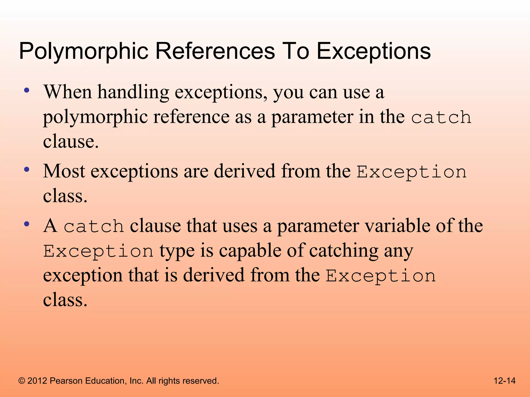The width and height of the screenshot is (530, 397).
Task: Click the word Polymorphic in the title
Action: [x=83, y=51]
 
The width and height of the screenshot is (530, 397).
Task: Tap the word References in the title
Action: [x=215, y=51]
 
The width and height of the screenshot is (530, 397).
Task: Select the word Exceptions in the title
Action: [x=373, y=51]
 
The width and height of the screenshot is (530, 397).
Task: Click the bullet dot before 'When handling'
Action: [x=26, y=90]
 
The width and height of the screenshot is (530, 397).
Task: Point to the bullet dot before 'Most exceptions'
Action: [x=26, y=170]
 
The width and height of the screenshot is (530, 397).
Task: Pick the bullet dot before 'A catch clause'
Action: [x=26, y=224]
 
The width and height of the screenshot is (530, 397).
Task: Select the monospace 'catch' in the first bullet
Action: [x=441, y=118]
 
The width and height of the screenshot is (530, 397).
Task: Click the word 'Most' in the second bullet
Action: [x=64, y=171]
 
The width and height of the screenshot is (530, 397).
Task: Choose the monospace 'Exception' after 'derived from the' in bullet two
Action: [x=411, y=172]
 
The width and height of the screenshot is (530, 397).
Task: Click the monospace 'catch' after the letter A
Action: [x=94, y=226]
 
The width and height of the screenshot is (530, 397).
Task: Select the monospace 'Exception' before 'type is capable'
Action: [x=98, y=251]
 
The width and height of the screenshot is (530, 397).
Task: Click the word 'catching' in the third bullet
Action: [x=344, y=251]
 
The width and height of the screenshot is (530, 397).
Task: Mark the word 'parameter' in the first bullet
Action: [x=312, y=117]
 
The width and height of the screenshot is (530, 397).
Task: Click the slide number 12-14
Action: [x=504, y=381]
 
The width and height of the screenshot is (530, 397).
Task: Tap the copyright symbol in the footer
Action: [x=22, y=381]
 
